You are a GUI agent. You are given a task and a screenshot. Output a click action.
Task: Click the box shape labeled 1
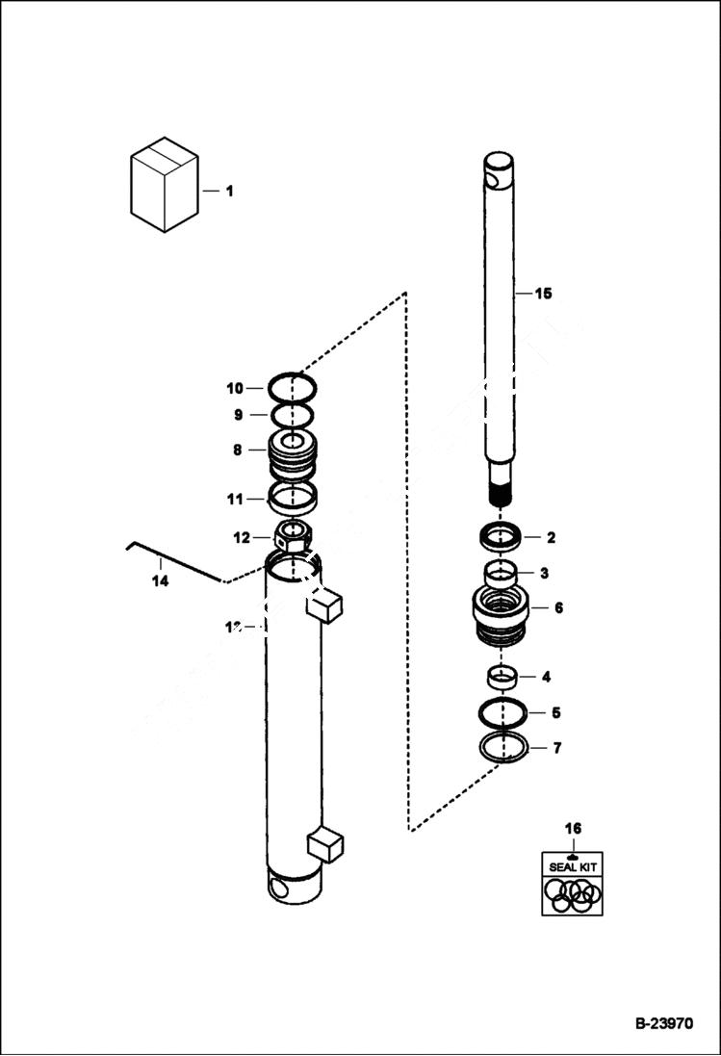click(x=164, y=185)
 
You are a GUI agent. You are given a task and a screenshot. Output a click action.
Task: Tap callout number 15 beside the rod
click(x=544, y=294)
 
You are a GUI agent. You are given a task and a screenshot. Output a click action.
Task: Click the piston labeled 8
click(x=293, y=454)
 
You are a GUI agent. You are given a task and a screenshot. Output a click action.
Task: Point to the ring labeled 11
click(x=293, y=499)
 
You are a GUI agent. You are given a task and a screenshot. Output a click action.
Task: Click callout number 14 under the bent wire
click(x=160, y=581)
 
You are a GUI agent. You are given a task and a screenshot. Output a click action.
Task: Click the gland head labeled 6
click(x=501, y=616)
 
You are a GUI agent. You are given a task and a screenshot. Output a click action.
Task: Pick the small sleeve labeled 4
click(x=501, y=677)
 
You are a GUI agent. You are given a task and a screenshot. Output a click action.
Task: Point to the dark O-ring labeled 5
click(x=502, y=713)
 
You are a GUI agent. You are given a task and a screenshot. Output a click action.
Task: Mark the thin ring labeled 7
click(x=502, y=748)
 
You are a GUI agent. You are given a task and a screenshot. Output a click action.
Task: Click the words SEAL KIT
click(x=573, y=866)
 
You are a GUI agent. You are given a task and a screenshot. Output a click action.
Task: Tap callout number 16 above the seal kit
click(x=573, y=828)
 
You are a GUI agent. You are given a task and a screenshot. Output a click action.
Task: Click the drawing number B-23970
click(x=663, y=1024)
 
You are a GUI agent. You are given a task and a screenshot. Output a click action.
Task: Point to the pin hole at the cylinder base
click(x=280, y=889)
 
